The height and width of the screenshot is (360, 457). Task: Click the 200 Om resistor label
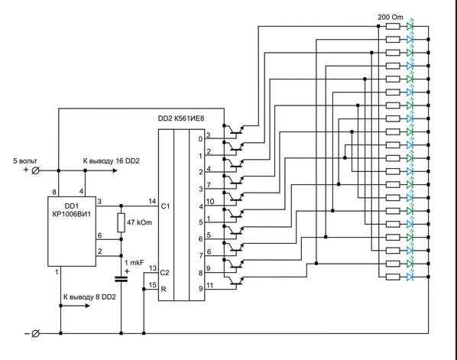pyautogui.click(x=391, y=17)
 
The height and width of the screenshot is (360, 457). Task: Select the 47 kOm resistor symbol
pyautogui.click(x=122, y=222)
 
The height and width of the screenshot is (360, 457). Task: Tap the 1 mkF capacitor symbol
pyautogui.click(x=122, y=279)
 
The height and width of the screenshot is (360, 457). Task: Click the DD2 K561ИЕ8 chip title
pyautogui.click(x=181, y=118)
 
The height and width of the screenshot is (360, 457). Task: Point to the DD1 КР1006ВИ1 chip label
pyautogui.click(x=72, y=210)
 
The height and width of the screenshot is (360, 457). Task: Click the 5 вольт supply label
pyautogui.click(x=25, y=161)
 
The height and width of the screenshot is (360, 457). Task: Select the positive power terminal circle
pyautogui.click(x=35, y=170)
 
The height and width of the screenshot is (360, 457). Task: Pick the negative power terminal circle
pyautogui.click(x=35, y=333)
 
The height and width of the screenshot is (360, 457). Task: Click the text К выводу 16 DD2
pyautogui.click(x=112, y=161)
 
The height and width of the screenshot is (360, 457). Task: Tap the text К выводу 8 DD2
pyautogui.click(x=89, y=297)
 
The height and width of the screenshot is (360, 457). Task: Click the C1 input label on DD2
pyautogui.click(x=165, y=206)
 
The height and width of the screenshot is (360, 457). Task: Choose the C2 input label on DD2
pyautogui.click(x=164, y=273)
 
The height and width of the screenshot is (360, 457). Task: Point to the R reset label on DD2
pyautogui.click(x=164, y=290)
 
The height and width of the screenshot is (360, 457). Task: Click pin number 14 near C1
pyautogui.click(x=152, y=201)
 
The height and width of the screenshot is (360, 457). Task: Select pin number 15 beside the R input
pyautogui.click(x=153, y=285)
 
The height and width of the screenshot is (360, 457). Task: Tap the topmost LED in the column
pyautogui.click(x=410, y=25)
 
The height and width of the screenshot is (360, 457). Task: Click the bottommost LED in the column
pyautogui.click(x=410, y=277)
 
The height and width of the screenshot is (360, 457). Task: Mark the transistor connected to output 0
pyautogui.click(x=235, y=130)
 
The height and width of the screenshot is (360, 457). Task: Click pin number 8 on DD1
pyautogui.click(x=54, y=192)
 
